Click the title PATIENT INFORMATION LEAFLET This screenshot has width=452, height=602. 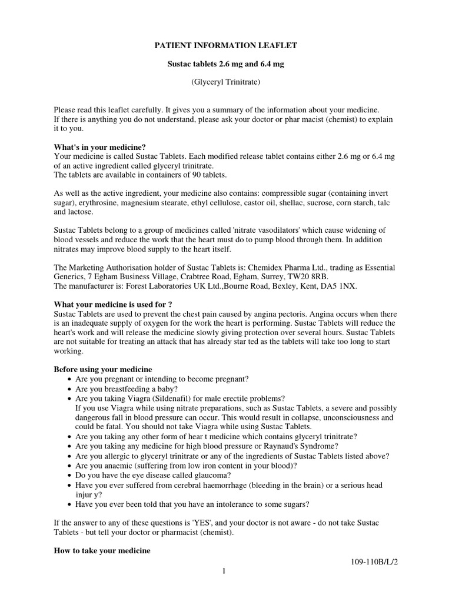click(x=226, y=45)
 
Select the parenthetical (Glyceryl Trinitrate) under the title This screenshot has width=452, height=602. click(x=226, y=82)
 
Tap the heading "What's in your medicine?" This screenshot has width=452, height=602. click(x=99, y=146)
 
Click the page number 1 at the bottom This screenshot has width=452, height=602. click(x=225, y=571)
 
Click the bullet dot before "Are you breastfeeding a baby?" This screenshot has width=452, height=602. click(x=69, y=389)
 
